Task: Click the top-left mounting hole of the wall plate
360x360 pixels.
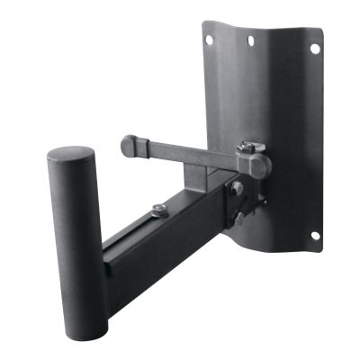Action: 208,40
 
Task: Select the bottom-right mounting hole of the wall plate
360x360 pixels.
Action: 316,237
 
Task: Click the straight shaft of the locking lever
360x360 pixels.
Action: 180,151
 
